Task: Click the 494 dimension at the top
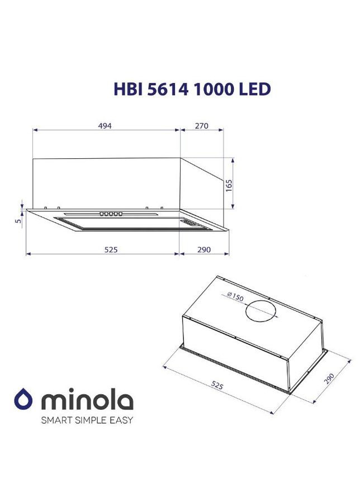tap(105, 126)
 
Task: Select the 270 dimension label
tap(201, 126)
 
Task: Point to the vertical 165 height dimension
tap(229, 185)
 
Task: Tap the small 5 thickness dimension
tap(18, 221)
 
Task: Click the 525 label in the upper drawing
tap(111, 249)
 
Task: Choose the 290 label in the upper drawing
tap(203, 249)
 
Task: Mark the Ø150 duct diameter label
tap(235, 297)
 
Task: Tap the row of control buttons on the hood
tap(111, 214)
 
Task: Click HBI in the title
tap(126, 89)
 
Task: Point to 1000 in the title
tap(212, 89)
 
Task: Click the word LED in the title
tap(255, 89)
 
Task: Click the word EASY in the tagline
tap(121, 420)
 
